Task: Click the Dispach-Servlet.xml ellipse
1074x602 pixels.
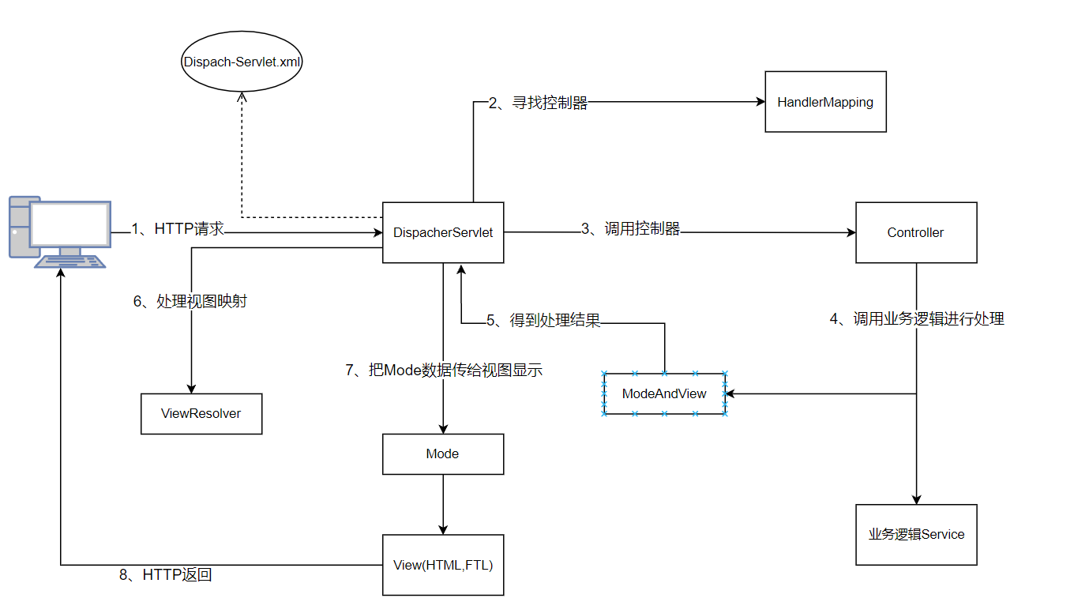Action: point(242,61)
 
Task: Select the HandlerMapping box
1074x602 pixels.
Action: point(825,102)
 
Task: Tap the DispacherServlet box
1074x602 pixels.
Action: point(443,232)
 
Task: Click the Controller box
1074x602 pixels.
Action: point(916,232)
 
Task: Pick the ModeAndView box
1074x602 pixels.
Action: point(664,393)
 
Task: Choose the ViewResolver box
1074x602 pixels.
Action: point(201,413)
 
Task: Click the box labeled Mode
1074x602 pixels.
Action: point(443,453)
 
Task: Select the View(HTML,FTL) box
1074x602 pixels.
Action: point(443,565)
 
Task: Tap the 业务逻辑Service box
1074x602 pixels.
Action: point(916,534)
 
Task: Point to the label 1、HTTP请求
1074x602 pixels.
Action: point(178,229)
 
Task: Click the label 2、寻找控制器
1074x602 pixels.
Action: point(538,103)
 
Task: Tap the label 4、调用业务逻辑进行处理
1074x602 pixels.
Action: point(916,319)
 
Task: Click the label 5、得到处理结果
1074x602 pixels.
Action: point(543,320)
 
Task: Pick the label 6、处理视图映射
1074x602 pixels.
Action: point(190,301)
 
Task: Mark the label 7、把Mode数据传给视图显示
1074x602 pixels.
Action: point(444,370)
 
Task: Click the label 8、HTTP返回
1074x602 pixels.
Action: point(166,575)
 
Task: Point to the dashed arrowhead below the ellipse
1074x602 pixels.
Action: point(242,95)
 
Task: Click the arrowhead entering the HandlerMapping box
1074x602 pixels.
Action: point(760,102)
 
